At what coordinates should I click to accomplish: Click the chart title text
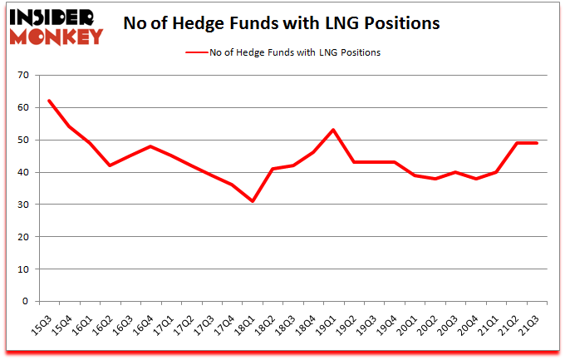pyautogui.click(x=281, y=24)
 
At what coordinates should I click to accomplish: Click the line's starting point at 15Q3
pyautogui.click(x=50, y=101)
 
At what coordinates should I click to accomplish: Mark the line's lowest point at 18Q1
pyautogui.click(x=253, y=201)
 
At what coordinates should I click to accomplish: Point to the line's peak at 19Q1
pyautogui.click(x=334, y=130)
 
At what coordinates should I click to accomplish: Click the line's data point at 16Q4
pyautogui.click(x=151, y=146)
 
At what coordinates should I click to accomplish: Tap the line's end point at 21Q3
pyautogui.click(x=537, y=143)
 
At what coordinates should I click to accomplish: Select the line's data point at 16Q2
pyautogui.click(x=111, y=165)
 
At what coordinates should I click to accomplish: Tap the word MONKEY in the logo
pyautogui.click(x=56, y=36)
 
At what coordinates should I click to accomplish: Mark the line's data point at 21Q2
pyautogui.click(x=517, y=143)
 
